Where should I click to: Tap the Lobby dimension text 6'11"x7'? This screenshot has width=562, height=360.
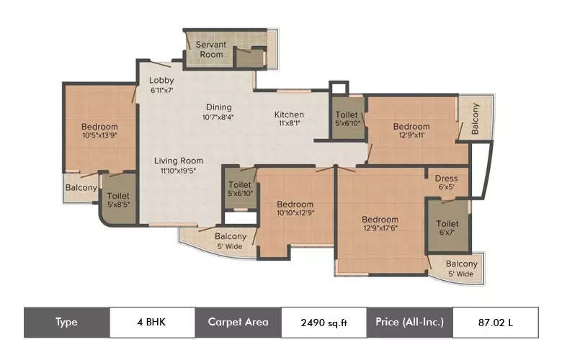coord(161,91)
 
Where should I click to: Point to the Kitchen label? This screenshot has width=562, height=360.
coord(289,114)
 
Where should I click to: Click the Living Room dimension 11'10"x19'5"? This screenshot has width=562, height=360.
coord(182,171)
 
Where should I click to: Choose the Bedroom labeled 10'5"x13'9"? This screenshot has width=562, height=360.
coord(100,127)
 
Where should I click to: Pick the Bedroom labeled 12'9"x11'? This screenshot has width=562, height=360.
coord(411,127)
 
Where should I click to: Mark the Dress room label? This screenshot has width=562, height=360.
coord(446,179)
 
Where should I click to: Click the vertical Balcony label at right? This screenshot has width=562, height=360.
coord(476,118)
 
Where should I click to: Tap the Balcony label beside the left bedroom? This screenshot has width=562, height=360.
coord(81,188)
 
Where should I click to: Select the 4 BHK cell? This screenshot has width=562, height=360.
coord(152,322)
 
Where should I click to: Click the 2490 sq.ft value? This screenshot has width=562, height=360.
coord(324,323)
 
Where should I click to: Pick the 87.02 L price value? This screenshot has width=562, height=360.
coord(495,323)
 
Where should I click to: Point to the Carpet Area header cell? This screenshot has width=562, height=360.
coord(238,322)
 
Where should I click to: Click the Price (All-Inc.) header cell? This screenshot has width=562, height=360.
coord(409,322)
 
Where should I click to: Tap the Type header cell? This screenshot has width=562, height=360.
coord(66,322)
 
